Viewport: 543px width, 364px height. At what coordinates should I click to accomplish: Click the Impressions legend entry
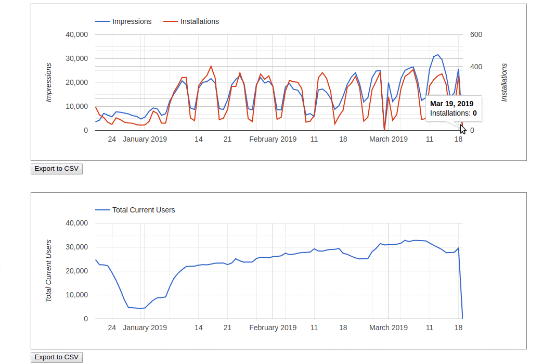(132, 21)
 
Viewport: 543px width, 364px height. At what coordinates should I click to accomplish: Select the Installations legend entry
(199, 21)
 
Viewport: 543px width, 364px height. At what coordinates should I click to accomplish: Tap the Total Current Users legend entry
(143, 210)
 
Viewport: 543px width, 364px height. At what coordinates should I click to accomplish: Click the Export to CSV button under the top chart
(57, 169)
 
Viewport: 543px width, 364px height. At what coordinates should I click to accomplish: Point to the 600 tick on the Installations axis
(476, 35)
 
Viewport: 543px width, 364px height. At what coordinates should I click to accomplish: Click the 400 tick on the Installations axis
(476, 67)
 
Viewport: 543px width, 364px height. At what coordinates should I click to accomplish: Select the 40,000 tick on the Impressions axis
(77, 35)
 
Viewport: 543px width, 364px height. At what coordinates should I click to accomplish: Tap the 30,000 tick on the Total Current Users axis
(77, 247)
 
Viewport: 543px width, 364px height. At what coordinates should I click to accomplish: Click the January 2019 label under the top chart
(145, 139)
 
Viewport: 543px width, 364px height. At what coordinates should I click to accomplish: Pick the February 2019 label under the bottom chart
(273, 328)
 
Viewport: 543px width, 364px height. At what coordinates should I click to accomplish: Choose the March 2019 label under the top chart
(389, 139)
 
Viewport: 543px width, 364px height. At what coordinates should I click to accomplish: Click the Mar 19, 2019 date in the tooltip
(451, 104)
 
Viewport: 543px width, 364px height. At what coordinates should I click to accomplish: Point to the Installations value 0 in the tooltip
(474, 113)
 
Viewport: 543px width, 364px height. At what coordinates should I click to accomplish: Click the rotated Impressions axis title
(49, 82)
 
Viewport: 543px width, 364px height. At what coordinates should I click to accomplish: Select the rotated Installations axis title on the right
(504, 82)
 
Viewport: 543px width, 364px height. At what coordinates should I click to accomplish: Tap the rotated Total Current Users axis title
(49, 271)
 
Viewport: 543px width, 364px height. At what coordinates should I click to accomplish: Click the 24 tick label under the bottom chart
(112, 328)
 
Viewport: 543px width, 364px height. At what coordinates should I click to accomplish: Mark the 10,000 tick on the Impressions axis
(77, 106)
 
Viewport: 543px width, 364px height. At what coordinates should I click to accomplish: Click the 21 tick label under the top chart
(227, 139)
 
